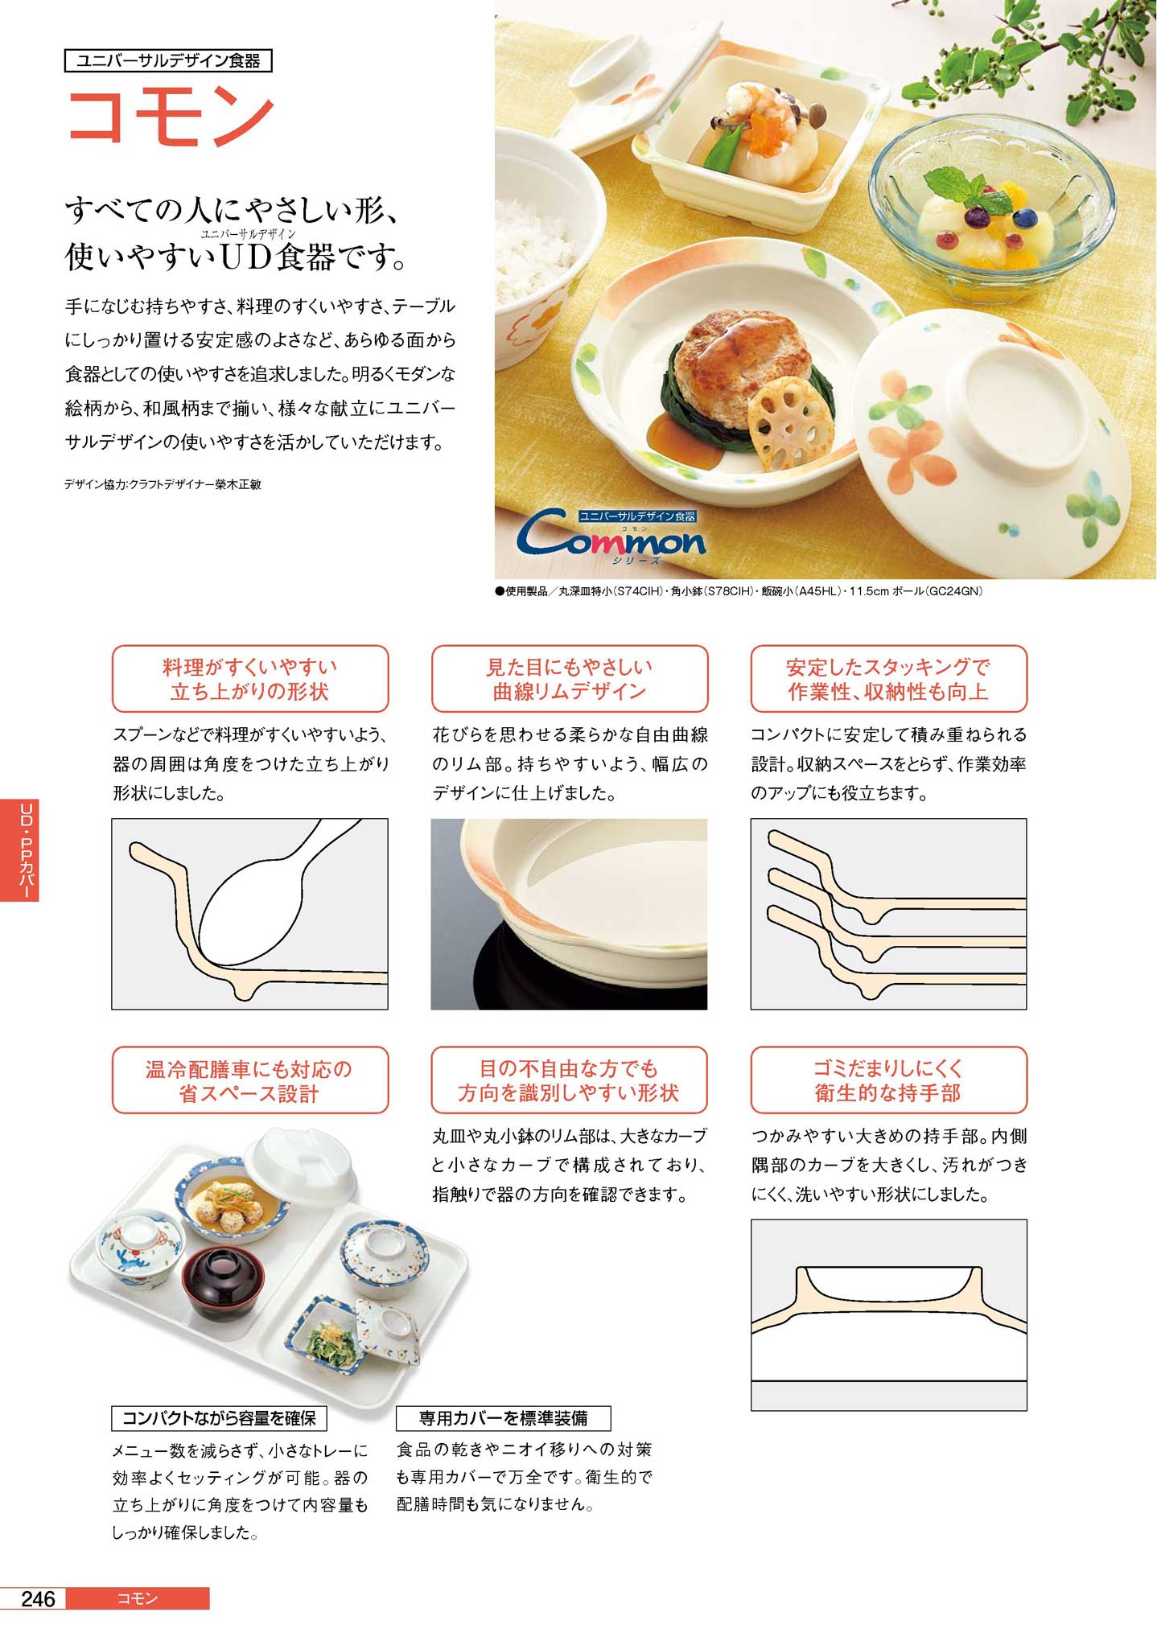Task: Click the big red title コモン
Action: [171, 117]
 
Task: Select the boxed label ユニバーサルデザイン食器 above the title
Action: [168, 61]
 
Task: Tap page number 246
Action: [38, 1598]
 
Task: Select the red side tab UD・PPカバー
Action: [19, 849]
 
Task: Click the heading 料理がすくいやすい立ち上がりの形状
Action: [250, 678]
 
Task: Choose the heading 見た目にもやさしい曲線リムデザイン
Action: [570, 678]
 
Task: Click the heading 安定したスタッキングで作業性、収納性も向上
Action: [889, 678]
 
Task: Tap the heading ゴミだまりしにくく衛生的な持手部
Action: [889, 1080]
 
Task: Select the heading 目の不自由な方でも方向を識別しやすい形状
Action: [570, 1080]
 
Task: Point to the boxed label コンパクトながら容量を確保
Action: [219, 1417]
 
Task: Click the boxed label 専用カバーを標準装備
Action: [504, 1417]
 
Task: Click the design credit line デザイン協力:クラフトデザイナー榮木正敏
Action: [163, 484]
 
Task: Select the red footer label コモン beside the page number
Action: [138, 1598]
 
